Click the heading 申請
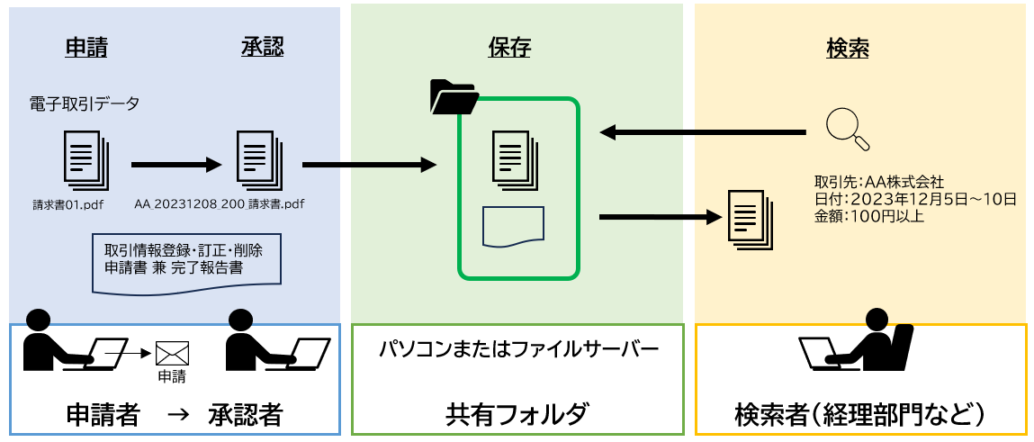tap(86, 49)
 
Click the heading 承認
tap(262, 49)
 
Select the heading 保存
tap(509, 49)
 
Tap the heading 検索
tap(847, 49)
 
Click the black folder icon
tap(454, 97)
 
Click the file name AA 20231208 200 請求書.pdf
tap(220, 204)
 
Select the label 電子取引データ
tap(85, 104)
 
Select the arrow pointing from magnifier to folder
tap(702, 133)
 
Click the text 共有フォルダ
tap(517, 414)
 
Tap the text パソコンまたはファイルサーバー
tap(518, 347)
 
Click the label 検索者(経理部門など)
tap(859, 414)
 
